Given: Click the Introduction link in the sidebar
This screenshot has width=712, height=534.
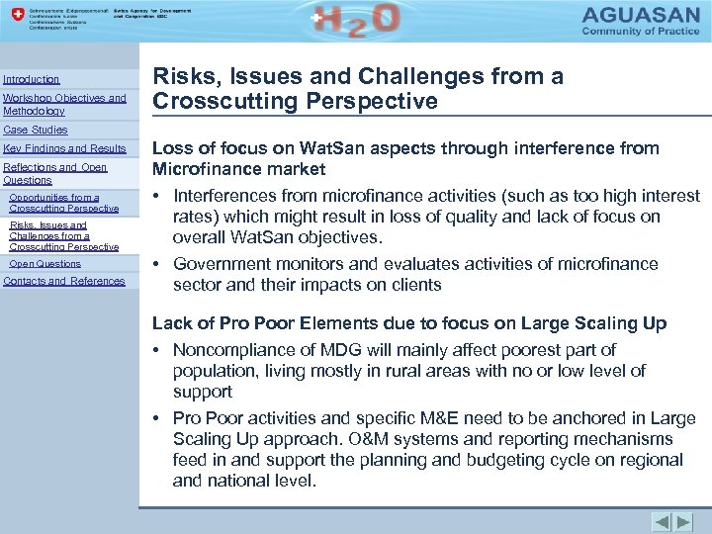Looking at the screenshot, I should coord(32,79).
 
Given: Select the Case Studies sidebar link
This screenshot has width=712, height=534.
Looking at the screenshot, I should coord(36,130).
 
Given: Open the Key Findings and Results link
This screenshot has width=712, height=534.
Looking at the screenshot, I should coord(65,148).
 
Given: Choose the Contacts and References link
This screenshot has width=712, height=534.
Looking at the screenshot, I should coord(64,281).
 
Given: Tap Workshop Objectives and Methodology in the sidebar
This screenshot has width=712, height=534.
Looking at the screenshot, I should coord(64,104).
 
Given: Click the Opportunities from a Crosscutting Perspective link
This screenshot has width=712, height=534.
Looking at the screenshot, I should coord(63,203).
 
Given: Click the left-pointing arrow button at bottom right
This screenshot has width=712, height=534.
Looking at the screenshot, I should coord(662,522).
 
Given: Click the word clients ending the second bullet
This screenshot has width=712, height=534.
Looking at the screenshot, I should coord(416,285).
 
